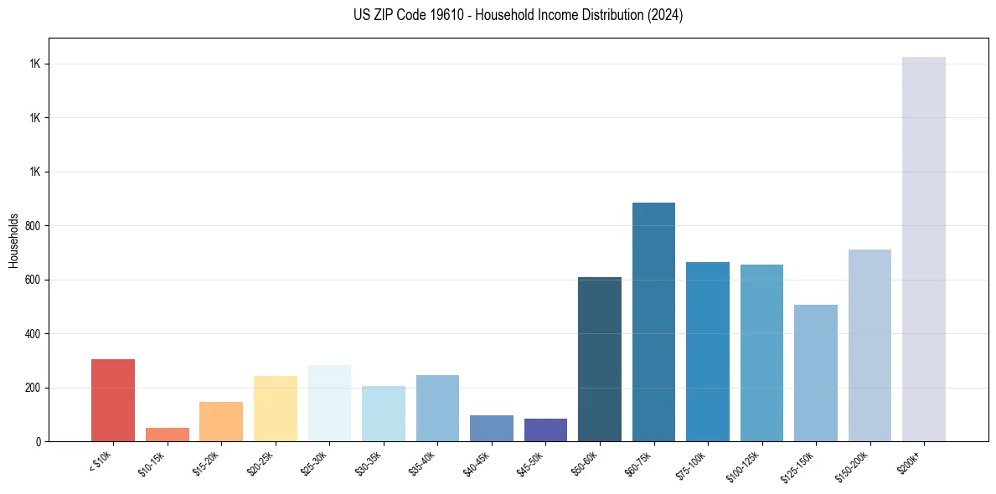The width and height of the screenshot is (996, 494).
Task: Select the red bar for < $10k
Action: click(113, 400)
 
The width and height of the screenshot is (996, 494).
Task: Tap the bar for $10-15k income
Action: click(167, 435)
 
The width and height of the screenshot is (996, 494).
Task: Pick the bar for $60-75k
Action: click(653, 322)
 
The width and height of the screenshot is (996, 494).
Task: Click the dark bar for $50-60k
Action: click(600, 359)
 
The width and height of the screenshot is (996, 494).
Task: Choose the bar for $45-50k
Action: click(545, 430)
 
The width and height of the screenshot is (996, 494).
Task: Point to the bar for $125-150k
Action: click(815, 373)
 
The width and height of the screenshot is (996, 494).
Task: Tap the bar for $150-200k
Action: click(870, 345)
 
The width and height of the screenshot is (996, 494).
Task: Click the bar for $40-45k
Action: click(492, 428)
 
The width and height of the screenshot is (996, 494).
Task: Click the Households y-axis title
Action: click(13, 240)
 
